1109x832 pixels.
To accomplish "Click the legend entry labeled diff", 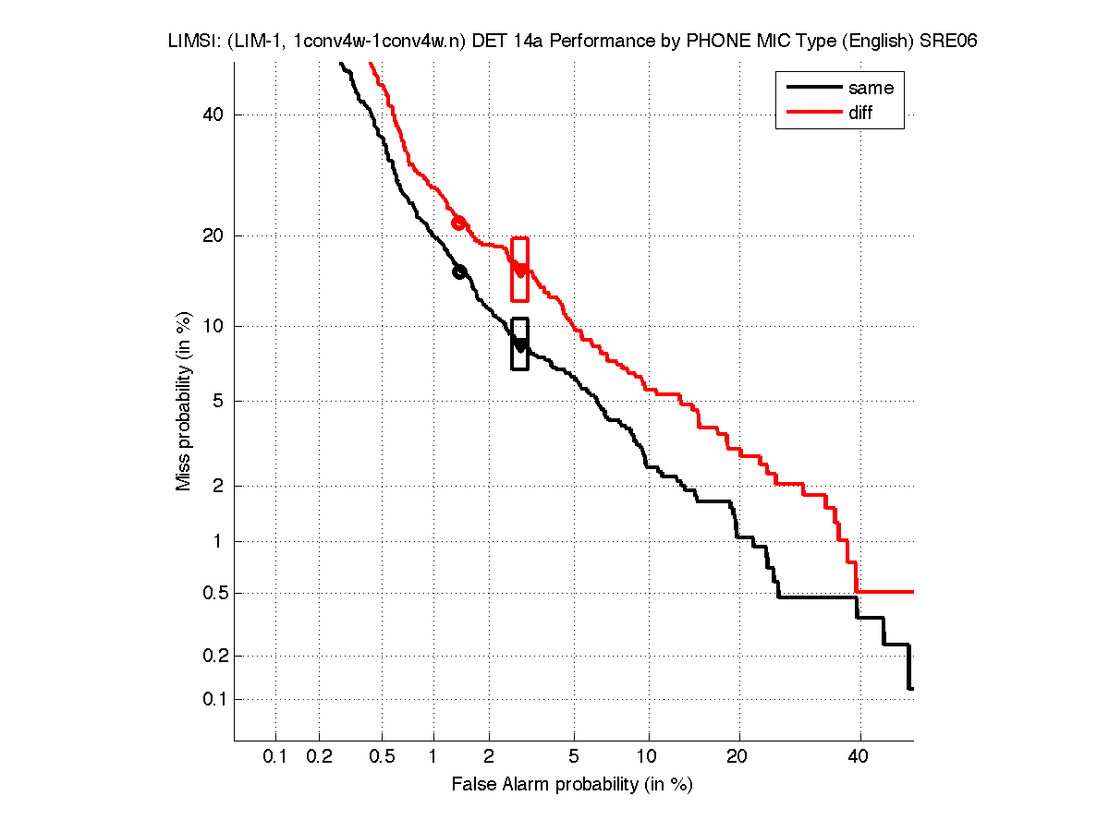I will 860,113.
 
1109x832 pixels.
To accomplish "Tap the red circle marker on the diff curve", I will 458,223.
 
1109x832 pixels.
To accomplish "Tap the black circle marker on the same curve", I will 459,271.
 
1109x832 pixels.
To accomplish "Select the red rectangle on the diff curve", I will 519,270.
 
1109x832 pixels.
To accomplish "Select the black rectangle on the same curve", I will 519,344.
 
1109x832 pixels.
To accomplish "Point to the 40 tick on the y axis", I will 216,115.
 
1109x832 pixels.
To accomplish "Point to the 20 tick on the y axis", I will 216,235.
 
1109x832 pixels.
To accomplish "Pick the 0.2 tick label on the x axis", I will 319,757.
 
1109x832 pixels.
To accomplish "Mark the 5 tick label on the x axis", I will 574,757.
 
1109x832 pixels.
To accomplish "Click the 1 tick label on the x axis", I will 433,757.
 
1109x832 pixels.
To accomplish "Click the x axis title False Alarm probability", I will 571,785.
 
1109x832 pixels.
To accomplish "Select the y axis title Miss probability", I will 185,402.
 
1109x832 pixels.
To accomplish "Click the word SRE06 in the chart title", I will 949,42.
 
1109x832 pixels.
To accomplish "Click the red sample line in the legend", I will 812,113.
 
